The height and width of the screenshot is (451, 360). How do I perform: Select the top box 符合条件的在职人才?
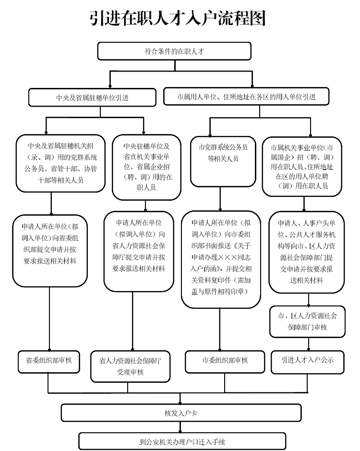(x=174, y=51)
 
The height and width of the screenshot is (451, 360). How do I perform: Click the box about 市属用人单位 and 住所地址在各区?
(x=246, y=97)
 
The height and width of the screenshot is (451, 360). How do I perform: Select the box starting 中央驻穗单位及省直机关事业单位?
(x=146, y=166)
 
